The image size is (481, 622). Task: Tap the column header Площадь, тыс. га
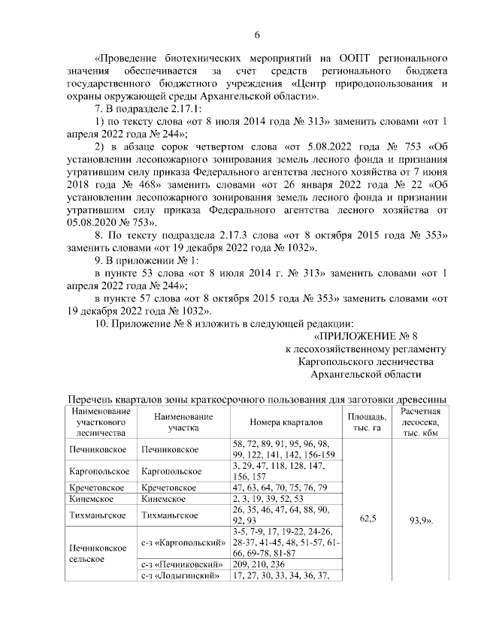[368, 422]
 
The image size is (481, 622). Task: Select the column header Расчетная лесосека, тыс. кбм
[420, 422]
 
